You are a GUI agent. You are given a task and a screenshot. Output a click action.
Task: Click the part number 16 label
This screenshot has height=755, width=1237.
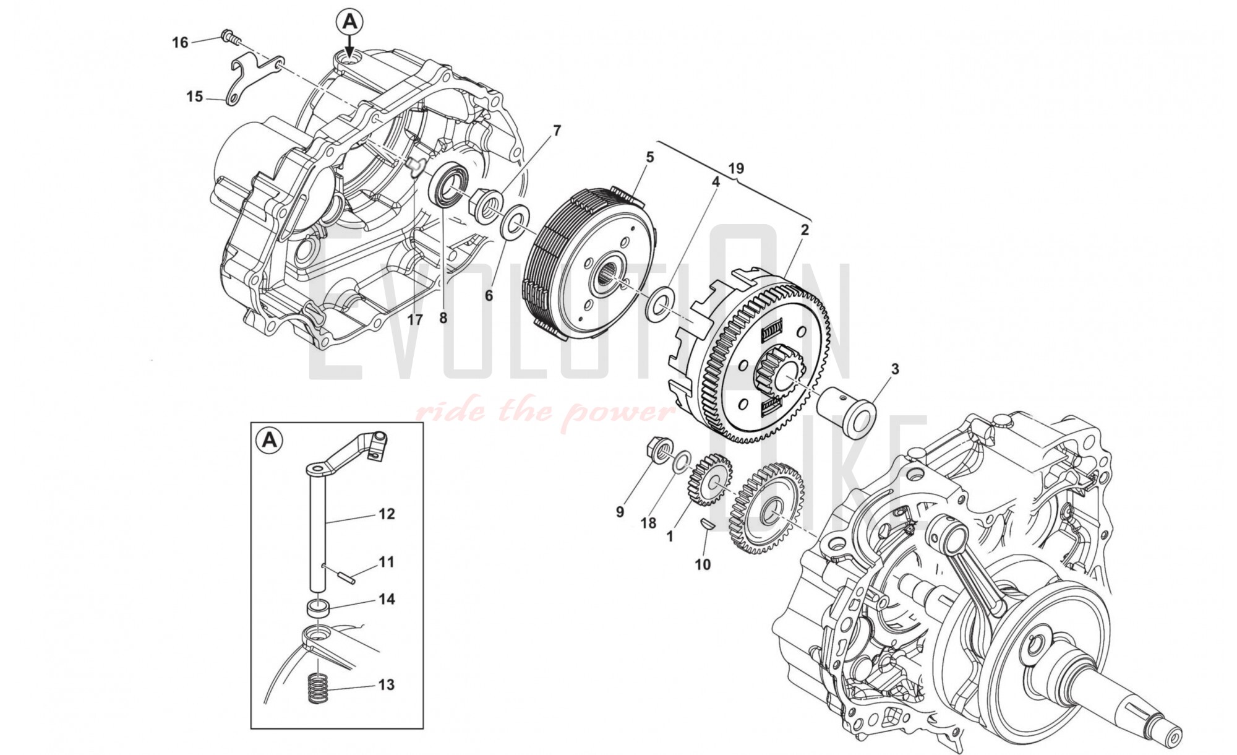pyautogui.click(x=180, y=43)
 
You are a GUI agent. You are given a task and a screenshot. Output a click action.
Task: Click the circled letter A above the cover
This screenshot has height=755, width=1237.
pyautogui.click(x=349, y=22)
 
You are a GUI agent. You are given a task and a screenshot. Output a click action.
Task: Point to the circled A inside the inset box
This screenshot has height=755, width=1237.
pyautogui.click(x=269, y=440)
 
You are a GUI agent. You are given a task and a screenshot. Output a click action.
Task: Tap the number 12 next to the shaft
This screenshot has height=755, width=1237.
pyautogui.click(x=387, y=514)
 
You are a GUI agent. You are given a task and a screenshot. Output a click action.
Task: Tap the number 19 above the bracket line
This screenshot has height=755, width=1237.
pyautogui.click(x=736, y=168)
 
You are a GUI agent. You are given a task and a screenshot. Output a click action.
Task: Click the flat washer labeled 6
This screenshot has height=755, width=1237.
pyautogui.click(x=516, y=220)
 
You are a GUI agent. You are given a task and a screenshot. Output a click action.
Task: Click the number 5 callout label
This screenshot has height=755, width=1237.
pyautogui.click(x=649, y=157)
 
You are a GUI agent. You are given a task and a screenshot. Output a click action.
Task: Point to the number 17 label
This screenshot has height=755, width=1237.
pyautogui.click(x=414, y=319)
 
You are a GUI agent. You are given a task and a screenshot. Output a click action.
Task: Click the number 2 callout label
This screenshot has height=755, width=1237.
pyautogui.click(x=804, y=230)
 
